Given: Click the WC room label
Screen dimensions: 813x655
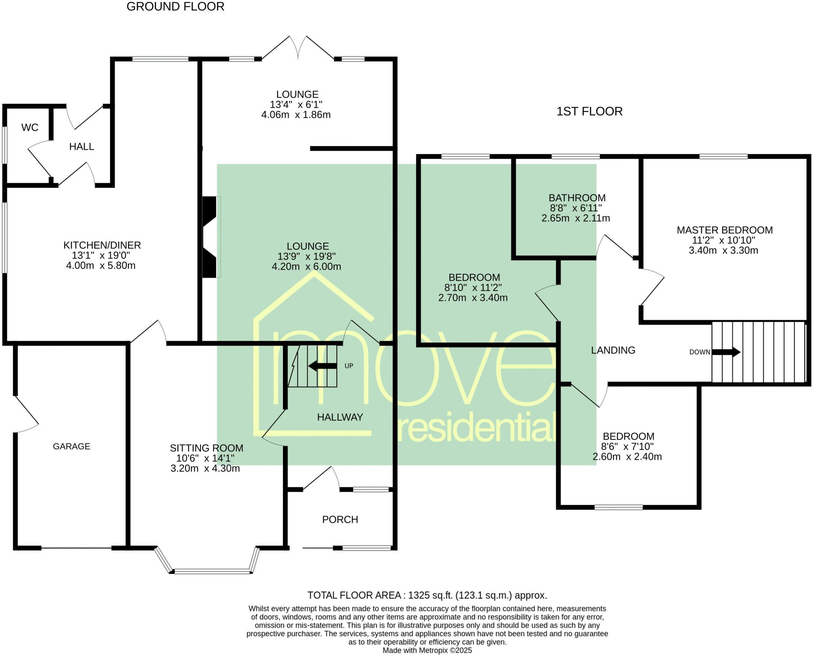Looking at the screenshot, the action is coord(30,128).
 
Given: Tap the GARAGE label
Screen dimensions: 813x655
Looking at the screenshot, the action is coord(71,446).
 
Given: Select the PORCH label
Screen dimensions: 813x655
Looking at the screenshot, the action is coord(340,520).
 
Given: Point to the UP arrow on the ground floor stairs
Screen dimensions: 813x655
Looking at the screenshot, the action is coord(322,366).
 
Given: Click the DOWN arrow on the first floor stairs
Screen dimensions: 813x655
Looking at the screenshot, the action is coord(726,352).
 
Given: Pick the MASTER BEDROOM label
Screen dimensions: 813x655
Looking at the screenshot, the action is coord(724,230).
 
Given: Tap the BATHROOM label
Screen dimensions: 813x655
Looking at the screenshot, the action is coord(577,198).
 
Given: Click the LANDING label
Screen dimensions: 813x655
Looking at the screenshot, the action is coord(613,350).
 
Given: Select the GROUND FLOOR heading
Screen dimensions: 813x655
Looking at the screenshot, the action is coord(175,7).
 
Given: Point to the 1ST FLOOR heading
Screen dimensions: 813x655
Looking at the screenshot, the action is coord(589,112).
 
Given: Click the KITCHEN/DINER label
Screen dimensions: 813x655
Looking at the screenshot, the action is coord(102,245).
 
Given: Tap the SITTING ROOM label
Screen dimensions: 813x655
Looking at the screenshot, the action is coord(206,448).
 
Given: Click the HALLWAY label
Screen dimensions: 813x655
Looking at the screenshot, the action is coord(340,417).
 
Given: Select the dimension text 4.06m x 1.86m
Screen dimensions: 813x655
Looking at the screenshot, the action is coord(296,115).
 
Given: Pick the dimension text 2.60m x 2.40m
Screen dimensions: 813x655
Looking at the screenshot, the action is coord(627,457).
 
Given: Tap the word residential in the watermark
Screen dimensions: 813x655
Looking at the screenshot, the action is coord(476,427).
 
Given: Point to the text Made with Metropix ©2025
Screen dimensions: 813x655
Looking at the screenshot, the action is coord(427,651).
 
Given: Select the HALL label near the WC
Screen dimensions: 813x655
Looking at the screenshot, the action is coord(81,147).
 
